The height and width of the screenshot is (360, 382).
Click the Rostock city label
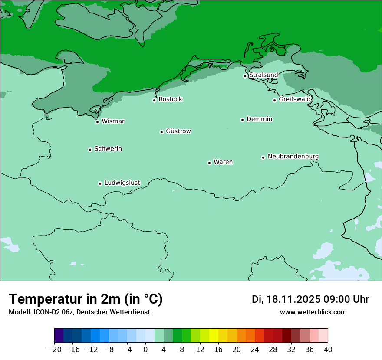tap(170, 99)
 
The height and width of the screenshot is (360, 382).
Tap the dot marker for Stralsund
tap(245, 76)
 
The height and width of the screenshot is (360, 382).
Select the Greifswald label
tap(295, 99)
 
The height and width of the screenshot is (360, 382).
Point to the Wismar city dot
tap(98, 122)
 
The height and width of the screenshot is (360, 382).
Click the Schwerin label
tap(108, 149)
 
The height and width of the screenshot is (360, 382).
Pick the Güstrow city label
tap(178, 131)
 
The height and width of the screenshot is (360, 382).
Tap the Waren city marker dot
tap(209, 163)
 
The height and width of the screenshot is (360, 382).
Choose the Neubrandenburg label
tap(293, 156)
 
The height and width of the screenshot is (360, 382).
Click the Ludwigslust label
tap(122, 183)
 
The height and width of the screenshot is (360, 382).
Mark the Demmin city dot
tap(242, 120)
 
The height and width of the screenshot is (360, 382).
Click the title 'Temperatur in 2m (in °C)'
tap(86, 299)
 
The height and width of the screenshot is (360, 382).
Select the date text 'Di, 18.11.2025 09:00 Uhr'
tap(310, 299)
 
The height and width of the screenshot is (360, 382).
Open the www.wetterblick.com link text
tap(313, 312)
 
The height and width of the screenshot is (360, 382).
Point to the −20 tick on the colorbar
tap(55, 349)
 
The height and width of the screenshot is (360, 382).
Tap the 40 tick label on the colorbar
tap(328, 349)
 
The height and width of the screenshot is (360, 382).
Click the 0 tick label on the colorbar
tap(145, 349)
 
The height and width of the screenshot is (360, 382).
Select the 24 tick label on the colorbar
tap(255, 349)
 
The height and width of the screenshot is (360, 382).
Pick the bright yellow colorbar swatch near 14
tap(214, 336)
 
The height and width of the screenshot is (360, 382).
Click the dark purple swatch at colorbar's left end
tap(59, 336)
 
